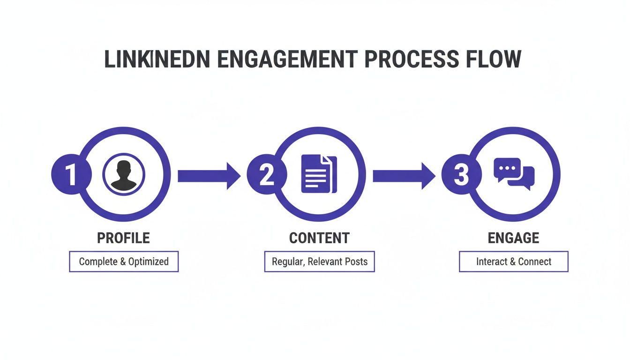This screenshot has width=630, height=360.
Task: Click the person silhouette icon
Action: point(124,175)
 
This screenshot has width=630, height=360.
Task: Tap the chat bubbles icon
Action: point(514,173)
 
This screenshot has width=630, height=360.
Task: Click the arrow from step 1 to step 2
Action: point(209,176)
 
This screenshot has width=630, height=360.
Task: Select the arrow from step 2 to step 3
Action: point(404,176)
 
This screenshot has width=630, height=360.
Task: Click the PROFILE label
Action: point(124,238)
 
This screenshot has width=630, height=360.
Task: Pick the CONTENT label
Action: point(319,238)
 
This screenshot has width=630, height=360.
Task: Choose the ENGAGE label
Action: point(514,238)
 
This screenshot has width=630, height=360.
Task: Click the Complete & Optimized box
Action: point(124,262)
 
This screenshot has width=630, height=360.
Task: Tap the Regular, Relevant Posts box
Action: point(319,262)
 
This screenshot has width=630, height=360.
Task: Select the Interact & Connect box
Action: point(514,262)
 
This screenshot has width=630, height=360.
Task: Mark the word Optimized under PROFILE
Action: point(149,262)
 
